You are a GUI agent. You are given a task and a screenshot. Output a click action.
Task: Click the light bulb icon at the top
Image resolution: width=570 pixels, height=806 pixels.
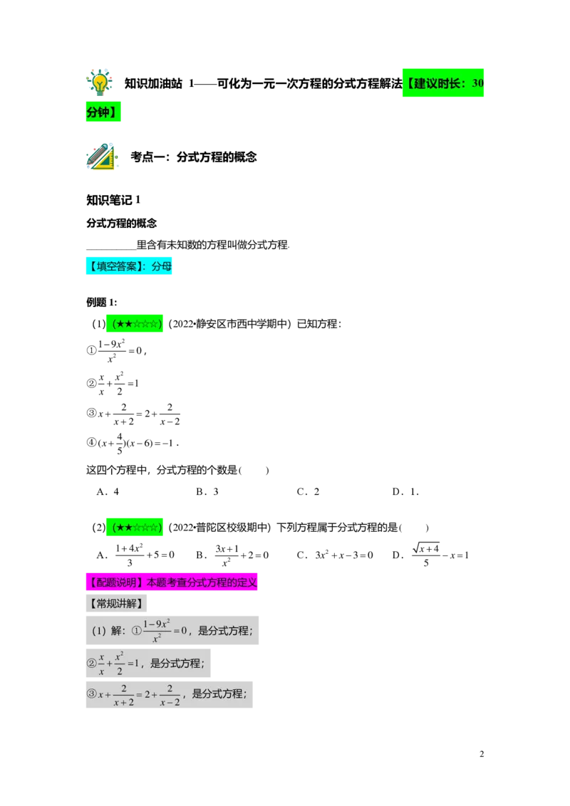point(99,82)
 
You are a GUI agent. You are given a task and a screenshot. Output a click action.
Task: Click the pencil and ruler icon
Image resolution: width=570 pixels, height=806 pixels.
point(102,156)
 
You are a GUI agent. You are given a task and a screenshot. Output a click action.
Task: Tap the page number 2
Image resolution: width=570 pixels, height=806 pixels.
point(482,754)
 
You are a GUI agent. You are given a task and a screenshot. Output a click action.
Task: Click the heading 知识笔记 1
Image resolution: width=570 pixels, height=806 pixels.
point(113,200)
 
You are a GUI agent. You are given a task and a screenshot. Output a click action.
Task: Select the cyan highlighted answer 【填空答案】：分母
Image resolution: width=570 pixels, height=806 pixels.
point(129,266)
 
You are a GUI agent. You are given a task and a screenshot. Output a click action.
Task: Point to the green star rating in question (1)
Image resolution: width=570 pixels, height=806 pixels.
point(135,324)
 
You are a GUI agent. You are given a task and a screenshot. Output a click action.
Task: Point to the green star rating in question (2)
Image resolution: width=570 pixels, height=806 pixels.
point(135,528)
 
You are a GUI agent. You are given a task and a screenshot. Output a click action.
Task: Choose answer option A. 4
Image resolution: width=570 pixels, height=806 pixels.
point(108,492)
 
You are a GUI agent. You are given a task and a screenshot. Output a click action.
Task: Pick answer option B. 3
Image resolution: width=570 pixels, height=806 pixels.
point(207,492)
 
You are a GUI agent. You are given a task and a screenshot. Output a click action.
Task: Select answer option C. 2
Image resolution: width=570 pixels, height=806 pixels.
point(308,492)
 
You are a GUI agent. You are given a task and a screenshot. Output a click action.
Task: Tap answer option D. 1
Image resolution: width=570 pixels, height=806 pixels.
point(405,492)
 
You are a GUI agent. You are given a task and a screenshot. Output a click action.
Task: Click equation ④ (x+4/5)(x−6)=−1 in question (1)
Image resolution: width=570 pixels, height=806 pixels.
point(133,443)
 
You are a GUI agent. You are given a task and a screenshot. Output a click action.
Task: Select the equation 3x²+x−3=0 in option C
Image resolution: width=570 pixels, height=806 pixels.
point(344,555)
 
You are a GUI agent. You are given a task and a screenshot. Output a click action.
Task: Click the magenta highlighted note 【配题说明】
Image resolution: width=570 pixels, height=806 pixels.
point(172,582)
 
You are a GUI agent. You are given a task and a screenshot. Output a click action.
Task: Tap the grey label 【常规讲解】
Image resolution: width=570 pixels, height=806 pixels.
point(116,604)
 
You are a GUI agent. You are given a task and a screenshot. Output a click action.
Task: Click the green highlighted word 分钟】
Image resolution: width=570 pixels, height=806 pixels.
point(103,112)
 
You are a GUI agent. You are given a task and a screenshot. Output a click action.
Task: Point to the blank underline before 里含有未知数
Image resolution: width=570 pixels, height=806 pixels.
point(111,248)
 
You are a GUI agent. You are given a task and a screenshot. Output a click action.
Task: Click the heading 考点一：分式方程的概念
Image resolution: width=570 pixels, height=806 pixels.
point(193,157)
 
